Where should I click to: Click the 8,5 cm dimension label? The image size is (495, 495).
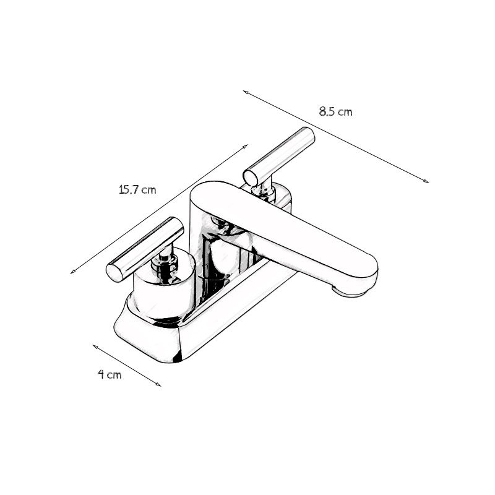[x=335, y=112]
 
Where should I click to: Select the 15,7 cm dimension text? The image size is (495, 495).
[x=137, y=190]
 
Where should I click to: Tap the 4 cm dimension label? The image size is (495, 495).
[x=110, y=375]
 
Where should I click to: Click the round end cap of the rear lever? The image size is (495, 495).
[x=251, y=178]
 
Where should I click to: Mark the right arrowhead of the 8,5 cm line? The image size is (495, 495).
[x=426, y=181]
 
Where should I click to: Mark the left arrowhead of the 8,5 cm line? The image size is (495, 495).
[x=245, y=92]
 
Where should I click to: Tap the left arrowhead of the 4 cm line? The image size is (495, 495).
[x=95, y=346]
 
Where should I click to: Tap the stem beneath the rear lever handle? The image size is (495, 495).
[x=266, y=189]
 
